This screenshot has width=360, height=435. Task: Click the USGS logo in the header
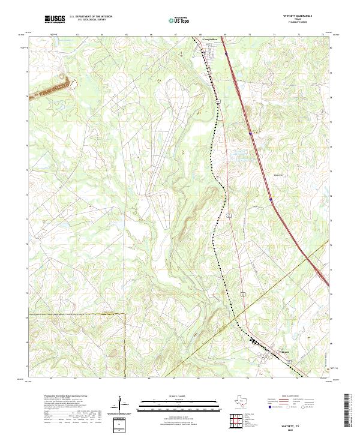55,19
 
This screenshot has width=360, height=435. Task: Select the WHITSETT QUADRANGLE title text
297,16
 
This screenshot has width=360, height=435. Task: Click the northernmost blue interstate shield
226,53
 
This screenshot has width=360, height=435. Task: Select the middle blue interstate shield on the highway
250,133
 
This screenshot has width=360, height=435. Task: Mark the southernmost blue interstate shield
271,200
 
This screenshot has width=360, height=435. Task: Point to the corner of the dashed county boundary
124,313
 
